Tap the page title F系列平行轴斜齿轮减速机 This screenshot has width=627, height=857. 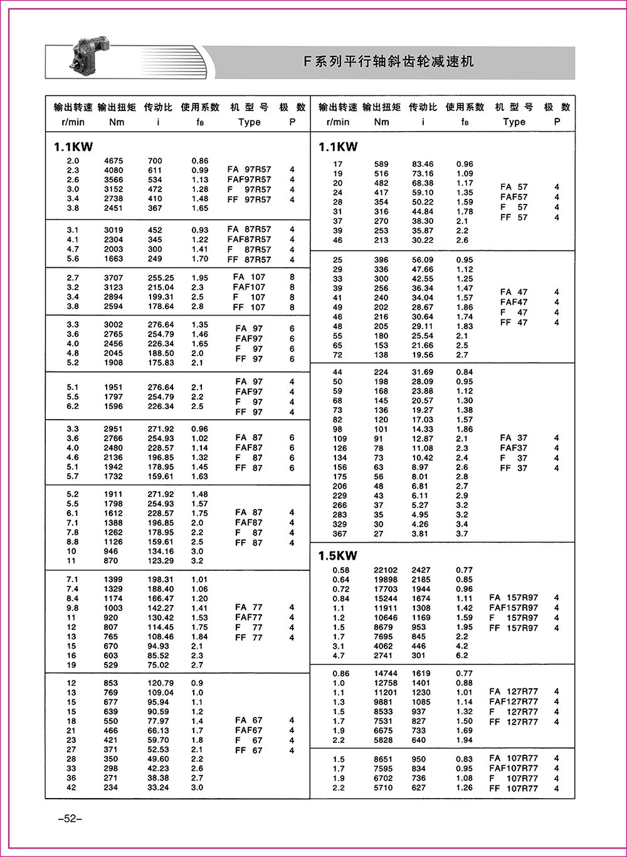389,61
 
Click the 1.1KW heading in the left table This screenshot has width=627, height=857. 73,147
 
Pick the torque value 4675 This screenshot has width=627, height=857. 113,161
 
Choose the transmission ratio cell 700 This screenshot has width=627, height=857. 155,161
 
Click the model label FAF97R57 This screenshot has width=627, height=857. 249,179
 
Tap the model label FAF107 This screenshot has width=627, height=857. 250,287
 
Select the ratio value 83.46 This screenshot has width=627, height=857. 423,164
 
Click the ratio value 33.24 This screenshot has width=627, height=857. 158,787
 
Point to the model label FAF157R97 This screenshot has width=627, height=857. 514,607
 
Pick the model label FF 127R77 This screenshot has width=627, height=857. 514,721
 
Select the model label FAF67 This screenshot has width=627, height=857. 249,730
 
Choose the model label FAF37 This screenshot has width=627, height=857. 514,448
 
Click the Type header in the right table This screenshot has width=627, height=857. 514,122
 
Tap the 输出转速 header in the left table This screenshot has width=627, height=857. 73,107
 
